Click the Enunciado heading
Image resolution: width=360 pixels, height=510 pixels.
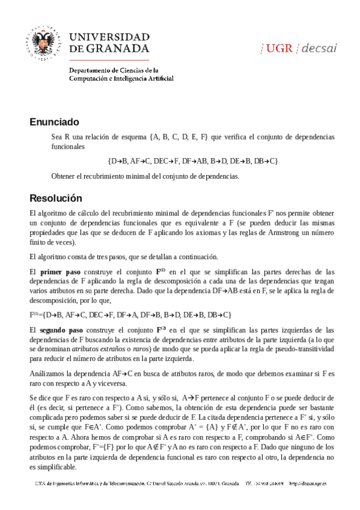click(54, 122)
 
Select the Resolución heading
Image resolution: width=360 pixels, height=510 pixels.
click(56, 198)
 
